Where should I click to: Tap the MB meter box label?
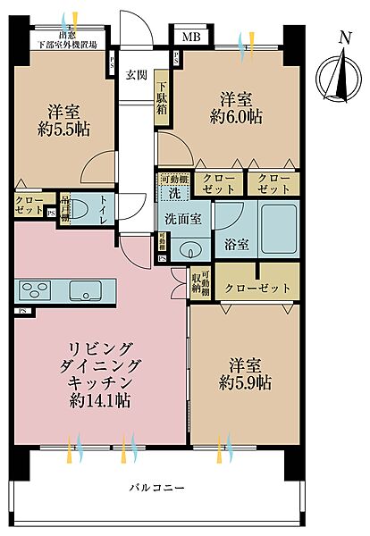pos(190,37)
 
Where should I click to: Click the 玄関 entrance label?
pos(136,74)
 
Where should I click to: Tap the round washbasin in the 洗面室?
pos(189,247)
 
